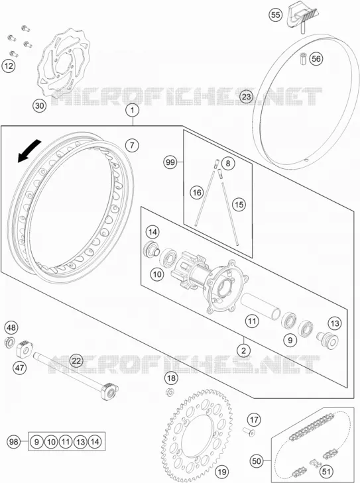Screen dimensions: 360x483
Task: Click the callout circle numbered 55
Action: click(x=276, y=15)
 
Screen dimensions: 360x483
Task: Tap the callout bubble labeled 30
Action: click(x=40, y=106)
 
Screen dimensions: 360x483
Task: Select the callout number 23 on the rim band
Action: click(x=246, y=97)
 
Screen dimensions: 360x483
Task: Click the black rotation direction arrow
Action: click(x=29, y=150)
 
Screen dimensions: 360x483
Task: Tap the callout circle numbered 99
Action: click(x=170, y=162)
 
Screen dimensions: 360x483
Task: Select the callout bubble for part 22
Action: click(x=76, y=360)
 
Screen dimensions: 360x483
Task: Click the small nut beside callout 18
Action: click(x=170, y=392)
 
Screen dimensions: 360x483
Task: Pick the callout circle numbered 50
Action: click(x=257, y=461)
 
